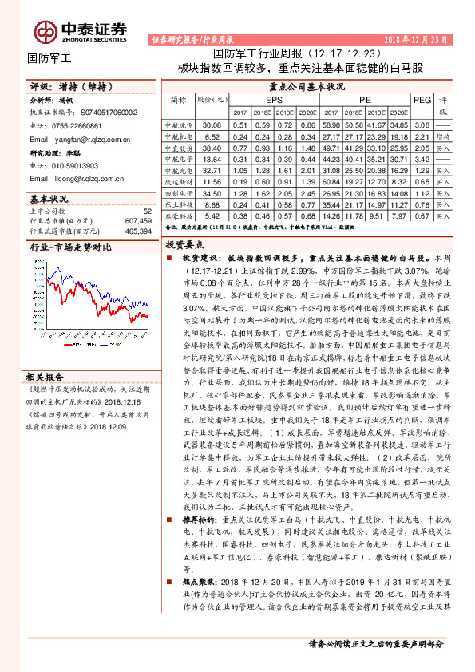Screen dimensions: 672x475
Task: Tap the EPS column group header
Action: pos(275,100)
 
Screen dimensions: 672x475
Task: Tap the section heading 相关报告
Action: pos(45,354)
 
